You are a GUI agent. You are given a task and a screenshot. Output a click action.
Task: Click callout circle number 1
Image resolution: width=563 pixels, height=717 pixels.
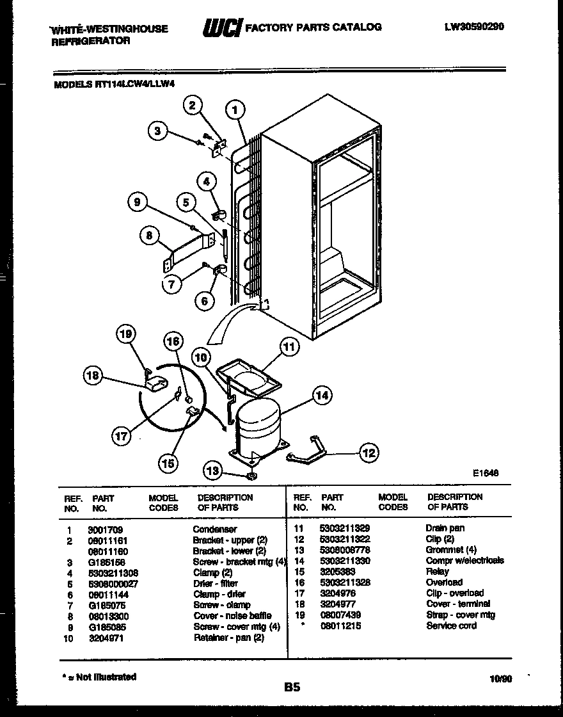235,109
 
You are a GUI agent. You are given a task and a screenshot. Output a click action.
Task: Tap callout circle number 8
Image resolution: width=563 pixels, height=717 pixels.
149,236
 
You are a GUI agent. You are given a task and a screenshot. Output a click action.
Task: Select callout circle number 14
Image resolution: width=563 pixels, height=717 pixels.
322,396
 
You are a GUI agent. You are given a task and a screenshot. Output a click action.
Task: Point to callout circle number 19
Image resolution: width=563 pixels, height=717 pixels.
126,334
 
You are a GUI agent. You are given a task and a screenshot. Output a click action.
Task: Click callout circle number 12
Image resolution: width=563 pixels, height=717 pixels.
369,453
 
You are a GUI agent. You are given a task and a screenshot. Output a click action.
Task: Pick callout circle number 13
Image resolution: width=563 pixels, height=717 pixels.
213,471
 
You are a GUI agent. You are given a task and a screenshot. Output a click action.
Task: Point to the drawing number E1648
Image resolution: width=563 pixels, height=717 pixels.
486,473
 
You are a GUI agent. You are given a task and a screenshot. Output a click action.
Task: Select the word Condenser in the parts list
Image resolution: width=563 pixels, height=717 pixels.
214,529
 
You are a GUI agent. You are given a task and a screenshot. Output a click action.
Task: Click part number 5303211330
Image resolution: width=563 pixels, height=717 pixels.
344,561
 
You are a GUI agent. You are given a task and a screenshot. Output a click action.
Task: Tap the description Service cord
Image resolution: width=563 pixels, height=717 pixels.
451,625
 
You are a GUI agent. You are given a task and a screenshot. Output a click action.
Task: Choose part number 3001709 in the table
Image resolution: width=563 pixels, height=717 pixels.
105,529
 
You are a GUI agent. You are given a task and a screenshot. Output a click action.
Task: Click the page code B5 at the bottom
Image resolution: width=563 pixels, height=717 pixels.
292,688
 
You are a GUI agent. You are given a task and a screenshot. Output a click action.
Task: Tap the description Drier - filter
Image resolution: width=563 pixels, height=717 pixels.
215,583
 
